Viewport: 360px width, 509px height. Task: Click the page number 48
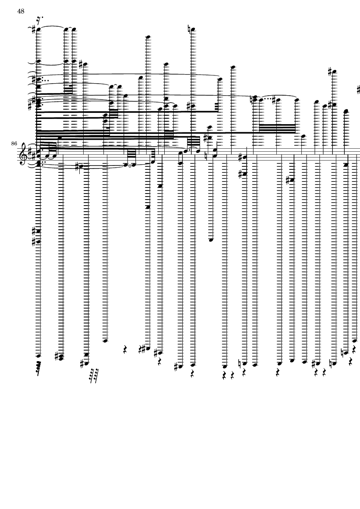(20, 11)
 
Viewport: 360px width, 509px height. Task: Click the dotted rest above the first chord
(40, 19)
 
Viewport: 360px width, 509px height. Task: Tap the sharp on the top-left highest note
(34, 29)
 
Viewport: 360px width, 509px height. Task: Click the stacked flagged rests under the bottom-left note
(40, 367)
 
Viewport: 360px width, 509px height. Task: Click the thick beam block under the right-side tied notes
(277, 128)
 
